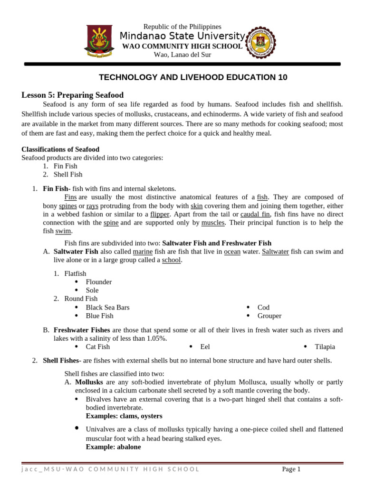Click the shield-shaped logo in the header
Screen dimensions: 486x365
[x=99, y=41]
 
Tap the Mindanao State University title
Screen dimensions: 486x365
[x=182, y=36]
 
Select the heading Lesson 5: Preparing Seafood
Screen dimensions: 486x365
[x=72, y=95]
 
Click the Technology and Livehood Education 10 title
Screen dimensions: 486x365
[x=192, y=77]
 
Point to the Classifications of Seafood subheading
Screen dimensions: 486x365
[x=60, y=149]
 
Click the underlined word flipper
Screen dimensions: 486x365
[x=160, y=214]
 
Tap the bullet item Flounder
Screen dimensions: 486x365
[x=98, y=282]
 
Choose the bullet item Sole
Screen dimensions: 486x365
[x=92, y=290]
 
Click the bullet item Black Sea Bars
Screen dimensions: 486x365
[x=107, y=308]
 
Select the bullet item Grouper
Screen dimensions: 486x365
[x=269, y=316]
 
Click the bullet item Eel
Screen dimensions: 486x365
[x=205, y=347]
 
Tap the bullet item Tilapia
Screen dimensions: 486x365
[x=325, y=347]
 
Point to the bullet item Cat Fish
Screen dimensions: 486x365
[x=97, y=347]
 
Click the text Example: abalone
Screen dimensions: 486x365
[x=113, y=447]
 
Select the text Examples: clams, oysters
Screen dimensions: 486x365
[x=124, y=416]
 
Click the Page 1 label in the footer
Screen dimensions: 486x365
[x=291, y=469]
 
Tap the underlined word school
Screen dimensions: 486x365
[x=171, y=260]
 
